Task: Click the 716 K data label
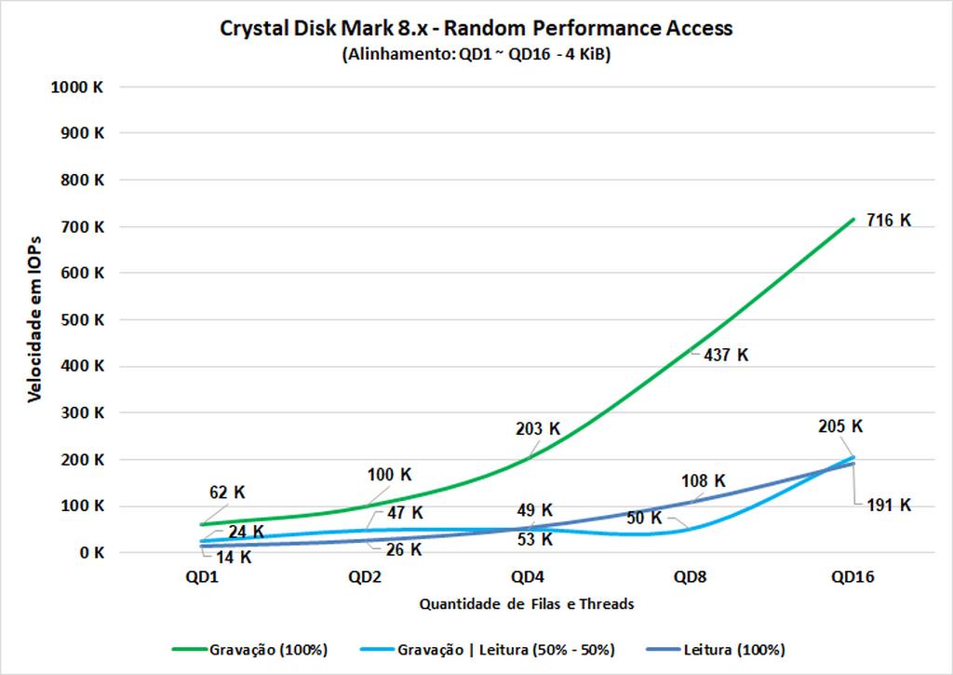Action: coord(888,221)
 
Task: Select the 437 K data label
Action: coord(726,355)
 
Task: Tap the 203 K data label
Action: coord(538,429)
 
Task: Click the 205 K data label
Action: coord(841,426)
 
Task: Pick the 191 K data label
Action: coord(888,505)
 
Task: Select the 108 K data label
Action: coord(704,481)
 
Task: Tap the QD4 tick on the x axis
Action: coord(527,577)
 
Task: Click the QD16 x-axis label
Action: coord(852,577)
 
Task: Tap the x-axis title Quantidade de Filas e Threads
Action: coord(527,603)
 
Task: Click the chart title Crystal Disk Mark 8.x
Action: coord(476,28)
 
